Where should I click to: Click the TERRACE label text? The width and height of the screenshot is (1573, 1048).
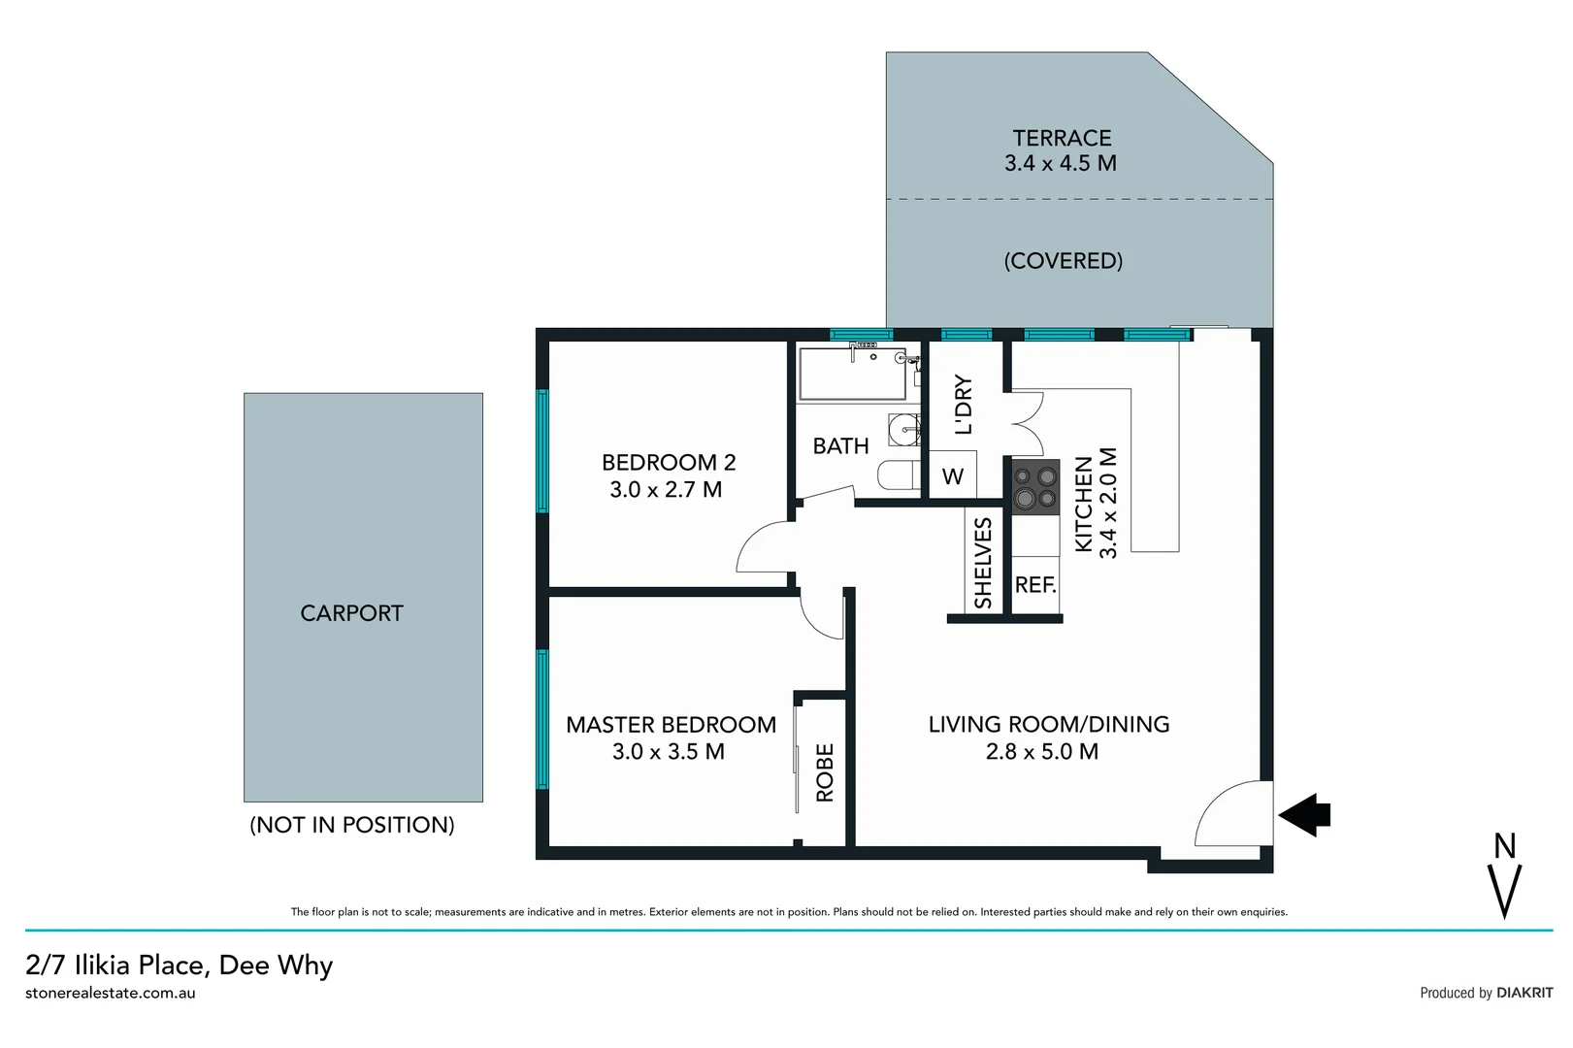(1062, 139)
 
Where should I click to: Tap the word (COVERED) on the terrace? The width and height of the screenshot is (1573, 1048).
(1063, 261)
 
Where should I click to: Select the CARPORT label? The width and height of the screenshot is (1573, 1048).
(351, 613)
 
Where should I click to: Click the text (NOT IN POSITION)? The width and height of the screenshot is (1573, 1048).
(351, 825)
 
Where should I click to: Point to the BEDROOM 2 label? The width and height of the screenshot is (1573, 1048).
(668, 463)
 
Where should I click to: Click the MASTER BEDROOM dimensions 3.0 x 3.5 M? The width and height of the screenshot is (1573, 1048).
(668, 752)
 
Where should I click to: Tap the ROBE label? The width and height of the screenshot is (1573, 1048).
(825, 772)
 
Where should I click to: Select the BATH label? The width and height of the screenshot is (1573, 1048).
(840, 446)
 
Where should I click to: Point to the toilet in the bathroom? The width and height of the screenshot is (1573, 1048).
(898, 475)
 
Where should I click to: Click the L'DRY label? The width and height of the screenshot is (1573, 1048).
(963, 405)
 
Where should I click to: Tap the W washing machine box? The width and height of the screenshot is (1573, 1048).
(953, 476)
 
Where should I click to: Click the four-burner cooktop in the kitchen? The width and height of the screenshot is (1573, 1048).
(1035, 487)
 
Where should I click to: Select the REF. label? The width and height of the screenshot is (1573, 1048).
(1034, 585)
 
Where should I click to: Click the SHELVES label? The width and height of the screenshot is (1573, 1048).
(983, 563)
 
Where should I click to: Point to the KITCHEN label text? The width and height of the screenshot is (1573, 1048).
(1084, 504)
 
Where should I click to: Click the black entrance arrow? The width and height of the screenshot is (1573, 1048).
(1305, 814)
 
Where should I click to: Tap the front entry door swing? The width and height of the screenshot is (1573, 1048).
(1230, 815)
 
